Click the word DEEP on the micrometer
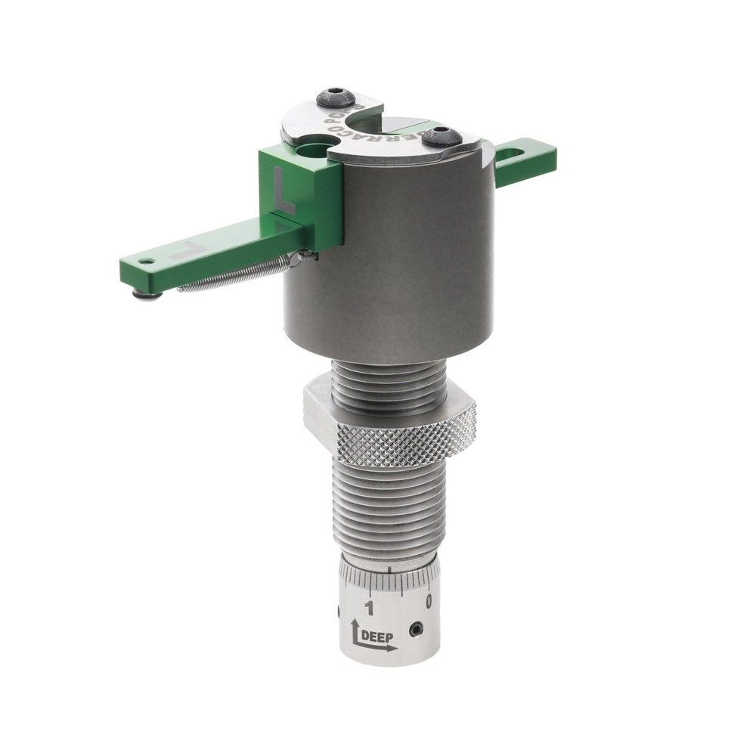click(x=378, y=636)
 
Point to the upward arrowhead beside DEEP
click(x=355, y=625)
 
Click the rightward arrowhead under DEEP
click(x=392, y=647)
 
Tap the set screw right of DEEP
click(x=414, y=629)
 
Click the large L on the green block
click(x=283, y=191)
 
